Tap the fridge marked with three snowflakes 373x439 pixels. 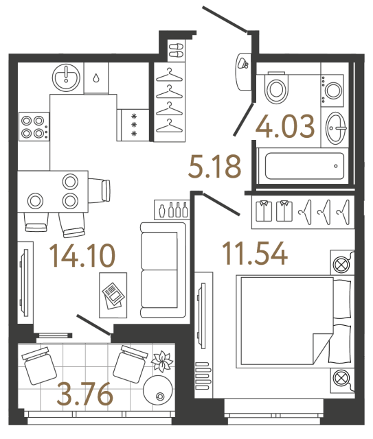click(x=134, y=125)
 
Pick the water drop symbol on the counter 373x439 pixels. click(x=96, y=77)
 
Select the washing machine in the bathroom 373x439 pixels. click(x=335, y=89)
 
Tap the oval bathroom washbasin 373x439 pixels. click(x=336, y=127)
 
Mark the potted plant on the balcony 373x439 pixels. click(x=164, y=361)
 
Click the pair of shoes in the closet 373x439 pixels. click(x=174, y=49)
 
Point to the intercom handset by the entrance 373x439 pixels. click(x=242, y=63)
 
